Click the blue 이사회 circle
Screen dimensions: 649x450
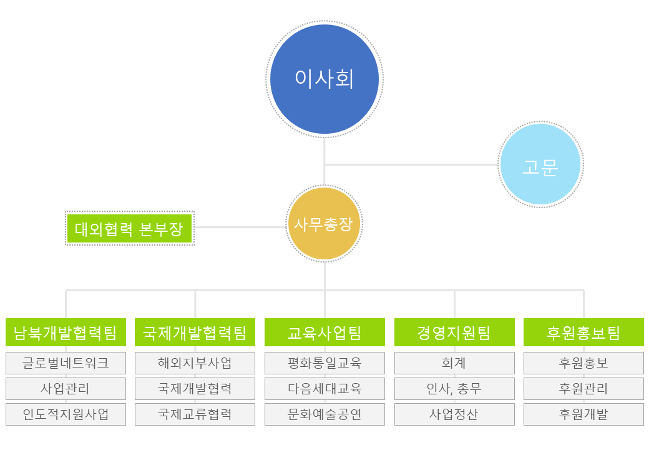click(x=324, y=79)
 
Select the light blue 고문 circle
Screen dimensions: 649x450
click(x=540, y=164)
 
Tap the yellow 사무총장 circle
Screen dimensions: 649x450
click(x=324, y=224)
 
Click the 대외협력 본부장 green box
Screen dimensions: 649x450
click(x=130, y=228)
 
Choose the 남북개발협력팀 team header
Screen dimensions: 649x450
click(x=66, y=332)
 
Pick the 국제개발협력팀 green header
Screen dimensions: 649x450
click(x=195, y=332)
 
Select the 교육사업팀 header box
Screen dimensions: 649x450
click(x=324, y=332)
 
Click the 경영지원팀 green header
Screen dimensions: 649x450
click(x=454, y=332)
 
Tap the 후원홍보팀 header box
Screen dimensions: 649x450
click(x=583, y=332)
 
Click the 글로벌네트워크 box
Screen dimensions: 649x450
click(x=66, y=363)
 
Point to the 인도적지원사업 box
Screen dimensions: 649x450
click(x=66, y=414)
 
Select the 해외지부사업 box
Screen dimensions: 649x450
click(x=195, y=363)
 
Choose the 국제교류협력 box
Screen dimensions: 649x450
click(x=195, y=414)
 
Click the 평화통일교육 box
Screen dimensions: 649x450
click(x=324, y=363)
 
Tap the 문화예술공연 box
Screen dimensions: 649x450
click(x=324, y=414)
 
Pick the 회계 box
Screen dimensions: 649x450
click(x=454, y=363)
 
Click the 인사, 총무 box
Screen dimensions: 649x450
click(x=454, y=389)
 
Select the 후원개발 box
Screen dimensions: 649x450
click(x=583, y=414)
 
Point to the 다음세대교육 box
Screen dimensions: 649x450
click(x=324, y=389)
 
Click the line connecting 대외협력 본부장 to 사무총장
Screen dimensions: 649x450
click(x=240, y=227)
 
